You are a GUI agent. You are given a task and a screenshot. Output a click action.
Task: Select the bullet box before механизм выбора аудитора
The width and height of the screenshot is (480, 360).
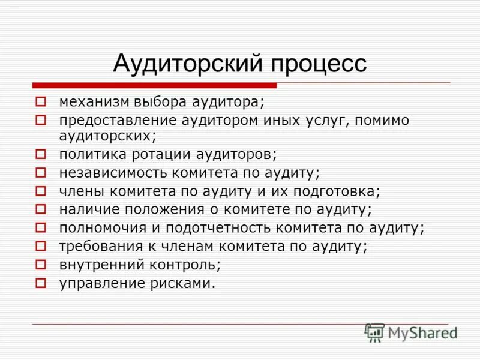(x=40, y=101)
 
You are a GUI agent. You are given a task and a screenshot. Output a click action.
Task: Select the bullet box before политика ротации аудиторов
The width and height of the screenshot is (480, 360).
(x=40, y=154)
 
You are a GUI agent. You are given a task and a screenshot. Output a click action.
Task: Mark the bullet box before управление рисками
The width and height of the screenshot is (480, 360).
(x=40, y=283)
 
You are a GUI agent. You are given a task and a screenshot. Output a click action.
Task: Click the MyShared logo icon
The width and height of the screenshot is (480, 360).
(x=375, y=332)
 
